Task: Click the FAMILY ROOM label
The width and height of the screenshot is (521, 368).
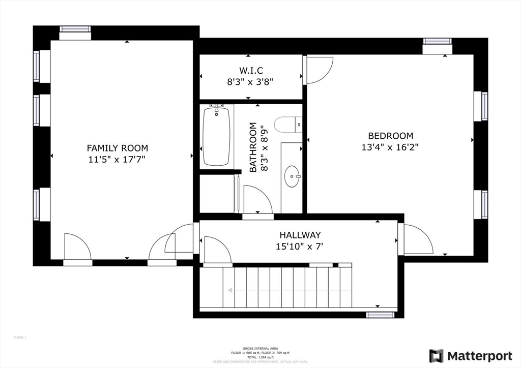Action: click(117, 148)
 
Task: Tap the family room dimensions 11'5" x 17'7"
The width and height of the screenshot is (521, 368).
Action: click(117, 160)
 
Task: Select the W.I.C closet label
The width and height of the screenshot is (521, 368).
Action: click(251, 70)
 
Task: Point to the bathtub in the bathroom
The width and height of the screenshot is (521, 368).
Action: click(216, 136)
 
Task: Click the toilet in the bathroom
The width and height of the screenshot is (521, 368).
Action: click(287, 124)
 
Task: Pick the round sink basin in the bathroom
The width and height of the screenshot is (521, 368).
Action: click(292, 176)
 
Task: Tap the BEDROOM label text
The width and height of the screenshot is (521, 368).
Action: click(390, 136)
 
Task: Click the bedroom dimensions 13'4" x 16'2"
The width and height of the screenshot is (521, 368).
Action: click(390, 147)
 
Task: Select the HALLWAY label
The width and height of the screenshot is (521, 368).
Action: click(300, 235)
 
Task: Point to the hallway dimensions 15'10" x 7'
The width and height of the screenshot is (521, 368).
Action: click(300, 247)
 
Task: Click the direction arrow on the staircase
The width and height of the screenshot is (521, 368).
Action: click(230, 290)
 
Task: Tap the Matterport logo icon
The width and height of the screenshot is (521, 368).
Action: click(436, 356)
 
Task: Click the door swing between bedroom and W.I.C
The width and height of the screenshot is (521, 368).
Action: click(319, 70)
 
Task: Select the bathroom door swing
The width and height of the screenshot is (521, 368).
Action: click(258, 200)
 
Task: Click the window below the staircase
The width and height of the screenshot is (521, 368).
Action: click(380, 315)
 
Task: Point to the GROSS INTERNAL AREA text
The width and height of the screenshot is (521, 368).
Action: click(260, 348)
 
